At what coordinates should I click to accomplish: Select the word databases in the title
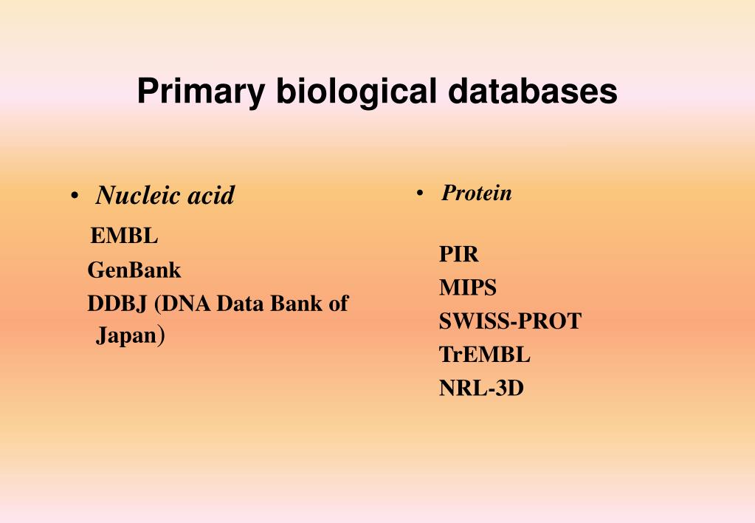click(x=532, y=92)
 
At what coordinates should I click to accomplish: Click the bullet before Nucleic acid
click(x=75, y=196)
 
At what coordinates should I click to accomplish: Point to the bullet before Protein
click(x=419, y=194)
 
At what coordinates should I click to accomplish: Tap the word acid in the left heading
click(x=210, y=196)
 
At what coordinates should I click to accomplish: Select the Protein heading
click(x=477, y=194)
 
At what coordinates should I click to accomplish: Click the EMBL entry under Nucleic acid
click(x=124, y=236)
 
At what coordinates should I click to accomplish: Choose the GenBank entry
click(x=134, y=270)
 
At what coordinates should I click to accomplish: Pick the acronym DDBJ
click(x=118, y=304)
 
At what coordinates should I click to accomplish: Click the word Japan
click(x=125, y=337)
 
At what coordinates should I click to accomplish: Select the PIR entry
click(x=459, y=255)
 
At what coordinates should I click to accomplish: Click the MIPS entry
click(x=468, y=287)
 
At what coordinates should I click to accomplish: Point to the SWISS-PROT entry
click(x=510, y=321)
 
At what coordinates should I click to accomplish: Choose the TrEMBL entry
click(x=485, y=355)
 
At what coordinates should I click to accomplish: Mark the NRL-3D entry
click(x=481, y=389)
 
